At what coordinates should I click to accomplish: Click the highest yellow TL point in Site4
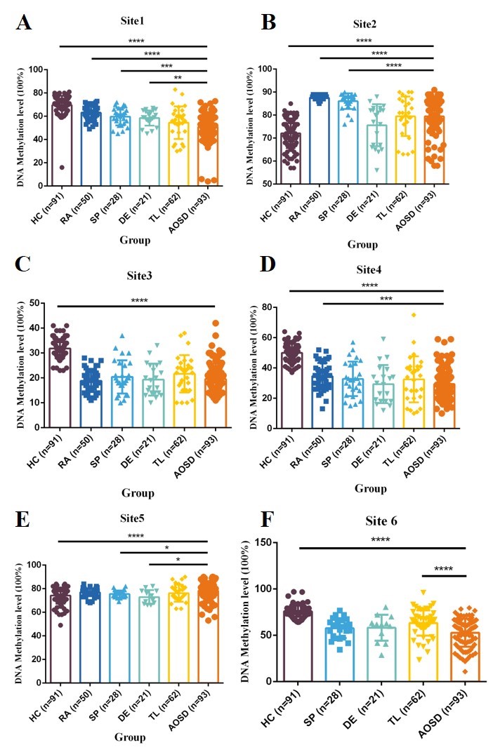414,315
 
